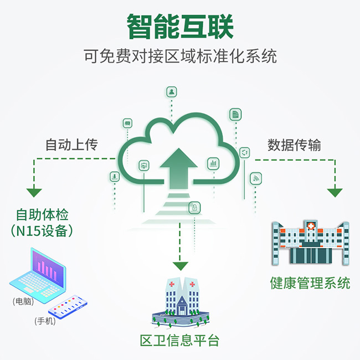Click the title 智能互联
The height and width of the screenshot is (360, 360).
(x=180, y=26)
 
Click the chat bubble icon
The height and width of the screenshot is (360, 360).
(x=127, y=122)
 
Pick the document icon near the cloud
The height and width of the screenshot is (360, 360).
(x=235, y=114)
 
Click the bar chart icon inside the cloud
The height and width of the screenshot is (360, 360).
(x=213, y=163)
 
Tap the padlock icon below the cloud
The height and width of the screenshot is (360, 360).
(x=194, y=208)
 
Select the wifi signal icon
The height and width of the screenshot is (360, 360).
(x=255, y=178)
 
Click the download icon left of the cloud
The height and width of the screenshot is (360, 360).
(x=115, y=177)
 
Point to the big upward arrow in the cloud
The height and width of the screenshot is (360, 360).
(x=179, y=166)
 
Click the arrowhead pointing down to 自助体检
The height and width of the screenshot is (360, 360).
(x=34, y=193)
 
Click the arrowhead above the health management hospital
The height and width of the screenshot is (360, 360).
(x=335, y=193)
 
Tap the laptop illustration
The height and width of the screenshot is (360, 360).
(x=38, y=275)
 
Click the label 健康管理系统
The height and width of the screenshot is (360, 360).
(x=310, y=283)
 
